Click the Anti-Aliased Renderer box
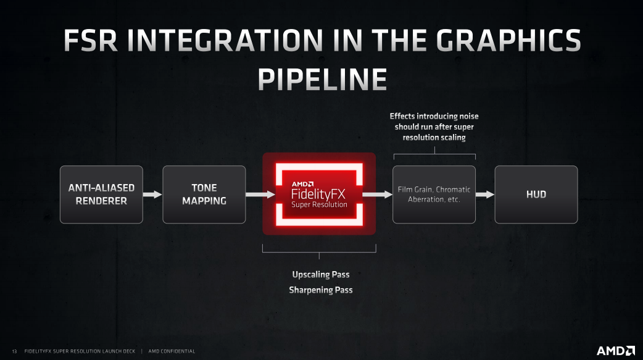point(101,195)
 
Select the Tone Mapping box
point(204,195)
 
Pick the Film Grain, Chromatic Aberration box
point(434,195)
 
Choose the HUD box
point(536,195)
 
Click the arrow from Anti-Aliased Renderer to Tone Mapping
point(152,195)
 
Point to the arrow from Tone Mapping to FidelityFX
point(260,195)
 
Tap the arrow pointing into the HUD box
point(485,195)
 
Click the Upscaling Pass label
point(321,274)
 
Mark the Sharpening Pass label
point(321,290)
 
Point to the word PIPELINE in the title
point(321,80)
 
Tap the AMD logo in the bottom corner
point(615,351)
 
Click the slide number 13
point(14,351)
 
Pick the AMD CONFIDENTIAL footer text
point(172,351)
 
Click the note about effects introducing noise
point(434,127)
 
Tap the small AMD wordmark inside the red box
point(302,183)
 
